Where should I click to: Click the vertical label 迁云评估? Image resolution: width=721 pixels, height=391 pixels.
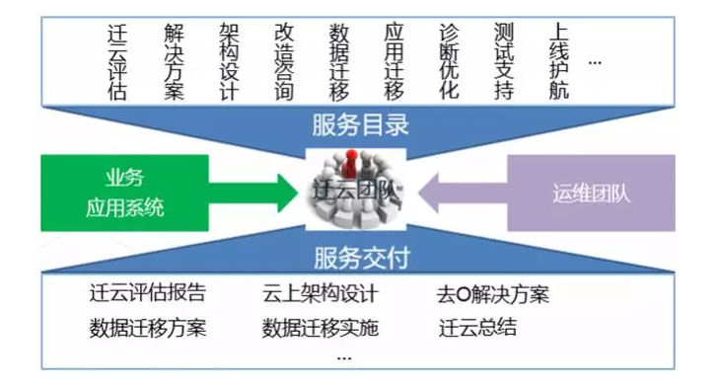(x=117, y=61)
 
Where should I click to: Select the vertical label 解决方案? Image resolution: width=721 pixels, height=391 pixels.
(x=175, y=61)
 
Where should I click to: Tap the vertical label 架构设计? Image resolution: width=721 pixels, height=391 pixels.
(x=229, y=61)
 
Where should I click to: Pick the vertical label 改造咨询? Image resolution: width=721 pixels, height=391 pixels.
(x=284, y=61)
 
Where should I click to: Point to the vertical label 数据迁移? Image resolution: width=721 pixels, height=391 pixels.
(x=338, y=61)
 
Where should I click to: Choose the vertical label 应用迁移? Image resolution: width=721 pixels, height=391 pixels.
(x=394, y=61)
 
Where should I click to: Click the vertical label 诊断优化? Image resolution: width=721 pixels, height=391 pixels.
(x=449, y=61)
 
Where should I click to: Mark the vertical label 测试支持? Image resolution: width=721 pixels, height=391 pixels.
(x=503, y=61)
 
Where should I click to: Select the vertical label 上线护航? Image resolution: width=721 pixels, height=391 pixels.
(x=558, y=61)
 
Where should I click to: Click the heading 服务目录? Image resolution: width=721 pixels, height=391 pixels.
(x=360, y=125)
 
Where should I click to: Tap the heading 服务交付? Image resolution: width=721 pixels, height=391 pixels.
(x=360, y=259)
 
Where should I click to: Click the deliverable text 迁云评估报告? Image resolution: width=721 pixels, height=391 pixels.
(x=147, y=294)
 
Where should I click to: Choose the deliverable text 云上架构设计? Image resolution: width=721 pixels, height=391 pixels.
(x=320, y=294)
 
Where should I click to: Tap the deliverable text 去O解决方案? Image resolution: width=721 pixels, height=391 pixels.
(x=492, y=294)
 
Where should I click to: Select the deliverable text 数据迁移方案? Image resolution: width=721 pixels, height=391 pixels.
(x=147, y=328)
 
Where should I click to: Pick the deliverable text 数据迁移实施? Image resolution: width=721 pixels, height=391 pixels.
(x=320, y=328)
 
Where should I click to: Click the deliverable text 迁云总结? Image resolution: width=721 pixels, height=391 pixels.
(x=477, y=328)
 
